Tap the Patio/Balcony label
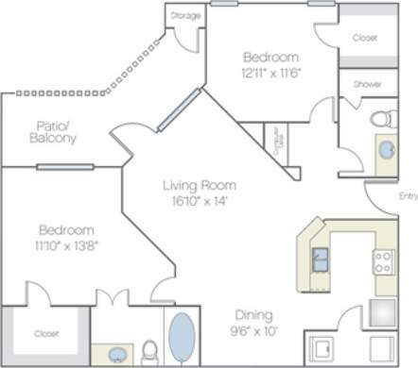(56, 131)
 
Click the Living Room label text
(198, 185)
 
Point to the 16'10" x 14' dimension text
(198, 200)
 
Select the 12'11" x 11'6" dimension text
(270, 73)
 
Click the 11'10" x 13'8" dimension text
(65, 245)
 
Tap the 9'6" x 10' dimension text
(254, 330)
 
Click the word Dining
(254, 315)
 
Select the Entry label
(408, 196)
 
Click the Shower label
(367, 84)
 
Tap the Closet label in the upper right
(364, 38)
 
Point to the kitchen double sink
(321, 258)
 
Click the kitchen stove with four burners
(383, 260)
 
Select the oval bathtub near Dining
(182, 338)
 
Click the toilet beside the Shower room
(382, 119)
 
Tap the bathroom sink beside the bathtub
(117, 355)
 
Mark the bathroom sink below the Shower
(386, 150)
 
